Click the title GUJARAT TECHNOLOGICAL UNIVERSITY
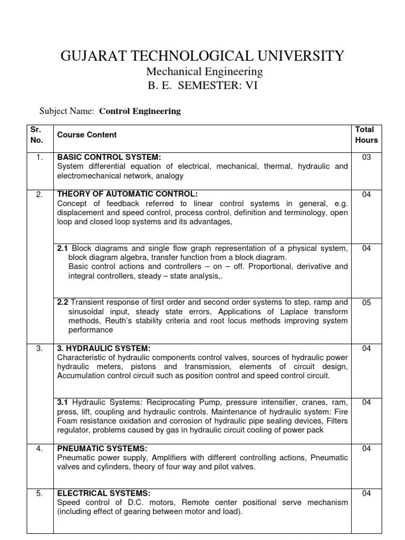click(x=202, y=55)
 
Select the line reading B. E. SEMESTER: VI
click(x=202, y=86)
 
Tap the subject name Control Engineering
click(x=140, y=111)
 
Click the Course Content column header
click(x=86, y=135)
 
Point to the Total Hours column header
click(x=367, y=135)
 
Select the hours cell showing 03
click(x=367, y=157)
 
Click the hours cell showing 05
click(x=367, y=303)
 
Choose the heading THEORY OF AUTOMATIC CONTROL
click(x=128, y=195)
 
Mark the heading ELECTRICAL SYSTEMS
click(x=103, y=493)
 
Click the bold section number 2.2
click(x=63, y=303)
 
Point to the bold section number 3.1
click(x=63, y=402)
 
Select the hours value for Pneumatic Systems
click(x=367, y=449)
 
